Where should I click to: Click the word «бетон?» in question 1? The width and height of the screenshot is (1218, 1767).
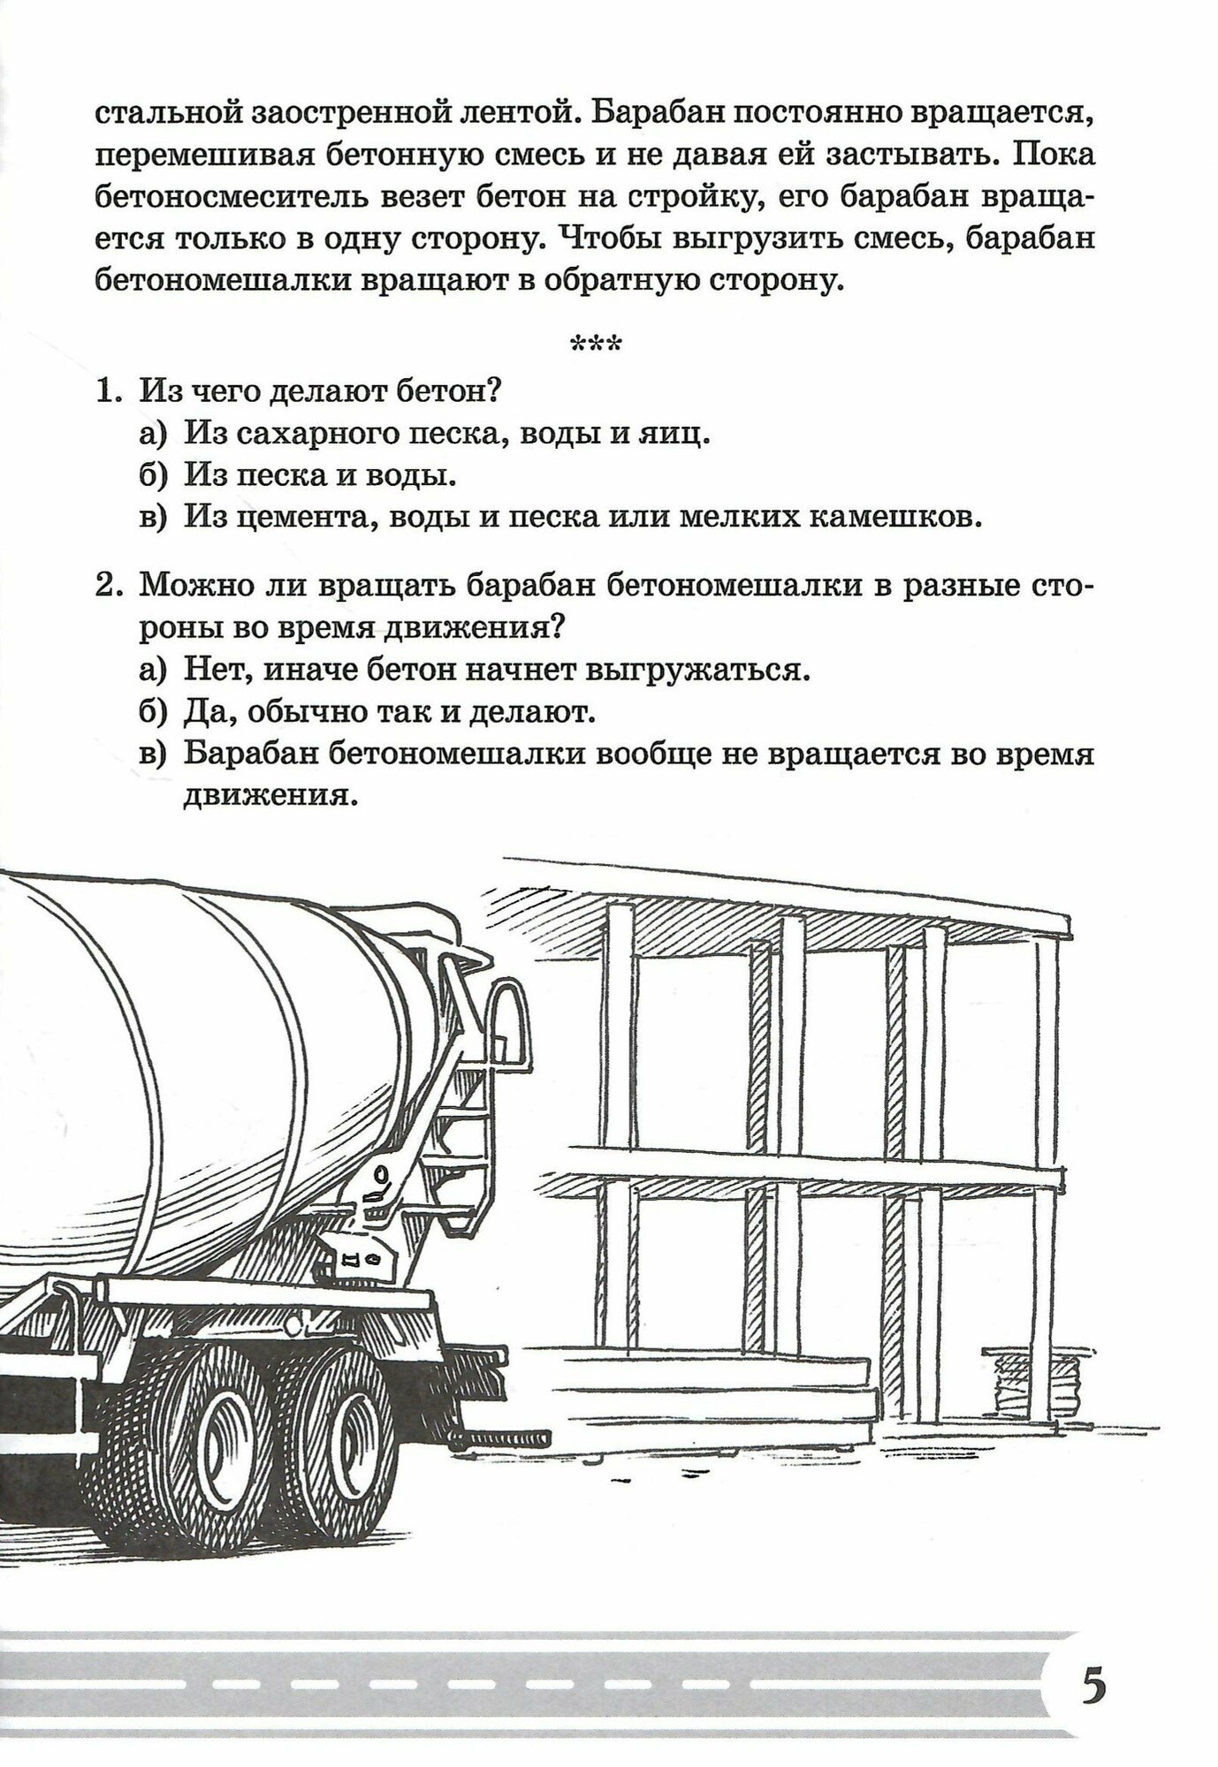[x=449, y=390]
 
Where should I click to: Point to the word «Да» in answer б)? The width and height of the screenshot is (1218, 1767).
[x=206, y=712]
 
